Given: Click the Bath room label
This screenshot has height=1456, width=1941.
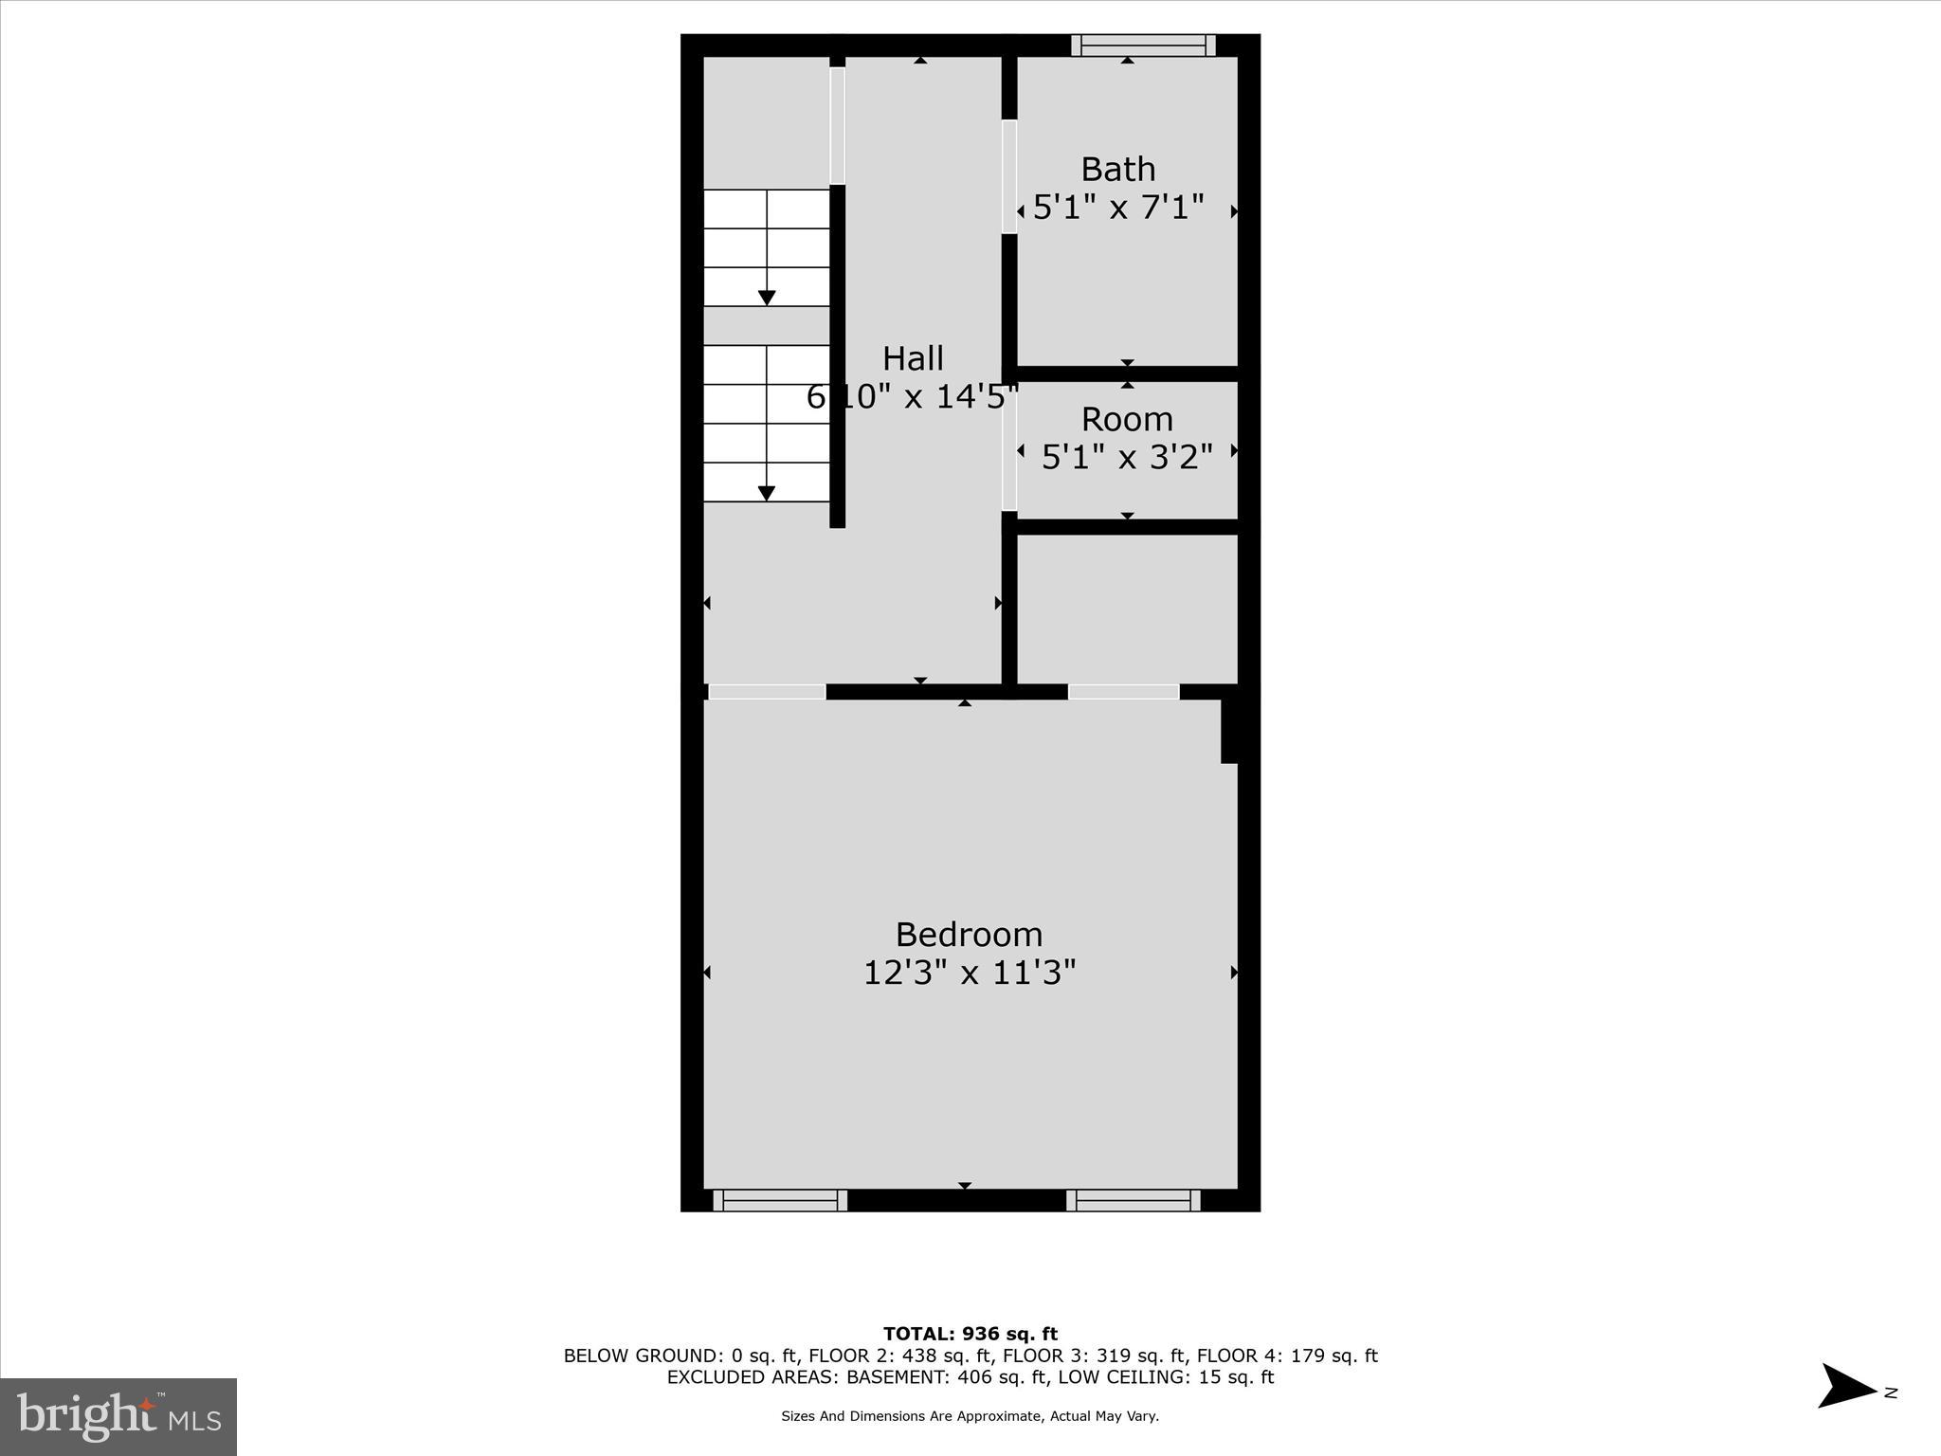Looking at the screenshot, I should pos(1118,170).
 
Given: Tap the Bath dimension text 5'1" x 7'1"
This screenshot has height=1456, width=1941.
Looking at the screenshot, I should pos(1118,207).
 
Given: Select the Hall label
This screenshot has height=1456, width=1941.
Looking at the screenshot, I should pos(913,359).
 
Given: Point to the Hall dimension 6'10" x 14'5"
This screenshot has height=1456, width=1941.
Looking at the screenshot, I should pos(912,396).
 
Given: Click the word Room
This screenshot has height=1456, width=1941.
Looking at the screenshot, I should pos(1127,419).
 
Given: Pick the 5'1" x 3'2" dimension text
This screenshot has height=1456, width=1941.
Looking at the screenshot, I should pos(1127,457).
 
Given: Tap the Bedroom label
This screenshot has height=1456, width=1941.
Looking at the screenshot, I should pos(969,935).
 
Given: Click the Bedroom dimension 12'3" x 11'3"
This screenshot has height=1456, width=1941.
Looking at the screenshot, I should pos(970,973).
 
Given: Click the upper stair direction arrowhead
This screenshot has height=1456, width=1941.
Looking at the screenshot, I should pos(767,298).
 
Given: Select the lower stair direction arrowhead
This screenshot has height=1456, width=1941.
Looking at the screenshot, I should pos(767,493).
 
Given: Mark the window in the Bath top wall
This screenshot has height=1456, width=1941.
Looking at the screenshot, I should pos(1143,45).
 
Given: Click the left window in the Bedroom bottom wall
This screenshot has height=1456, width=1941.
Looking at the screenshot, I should pos(780,1200).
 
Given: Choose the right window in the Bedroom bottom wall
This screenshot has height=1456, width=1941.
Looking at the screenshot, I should pos(1134,1200).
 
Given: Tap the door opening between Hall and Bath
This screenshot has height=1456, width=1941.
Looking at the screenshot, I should pos(1009,176).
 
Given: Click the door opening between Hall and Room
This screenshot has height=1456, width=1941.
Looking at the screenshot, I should pos(1009,446).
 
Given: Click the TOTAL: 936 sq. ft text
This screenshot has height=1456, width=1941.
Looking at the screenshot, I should pos(970,1335).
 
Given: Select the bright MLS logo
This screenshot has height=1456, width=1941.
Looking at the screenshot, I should pos(118,1417).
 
